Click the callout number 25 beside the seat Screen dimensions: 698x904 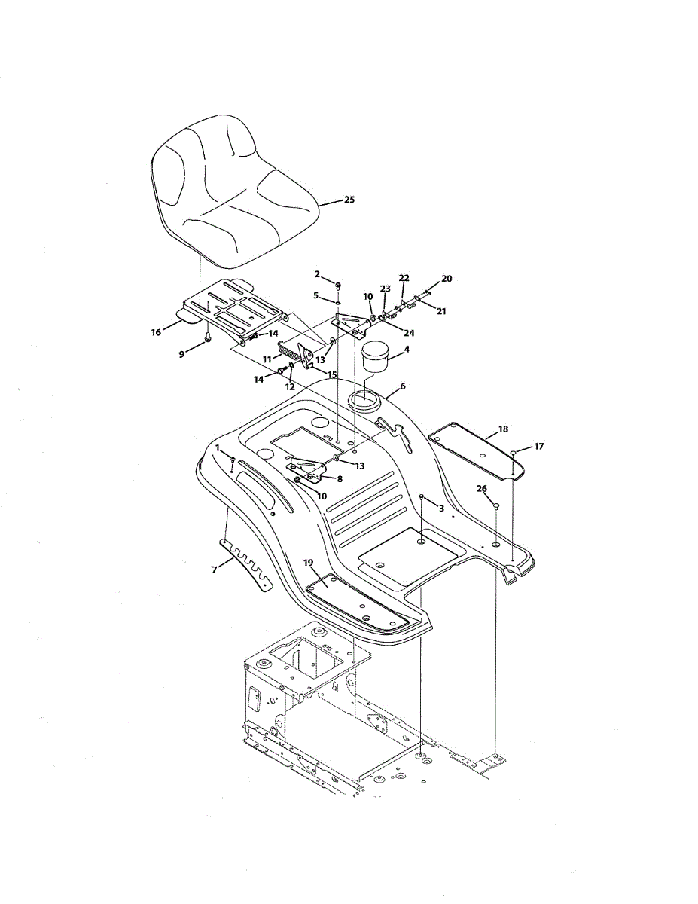[349, 200]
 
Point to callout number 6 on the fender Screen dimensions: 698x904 [403, 386]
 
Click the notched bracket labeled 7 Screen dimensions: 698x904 [248, 565]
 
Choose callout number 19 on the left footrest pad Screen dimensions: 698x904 [308, 562]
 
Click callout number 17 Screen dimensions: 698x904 [538, 446]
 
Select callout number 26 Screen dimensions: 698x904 [482, 488]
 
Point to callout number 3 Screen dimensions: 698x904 [441, 508]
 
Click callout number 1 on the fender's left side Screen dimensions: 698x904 [218, 447]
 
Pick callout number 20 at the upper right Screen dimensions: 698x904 [447, 279]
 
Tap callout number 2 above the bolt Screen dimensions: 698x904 [317, 274]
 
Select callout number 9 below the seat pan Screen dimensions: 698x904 [181, 354]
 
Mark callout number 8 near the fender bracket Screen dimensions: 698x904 [340, 478]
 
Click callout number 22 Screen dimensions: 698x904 [404, 279]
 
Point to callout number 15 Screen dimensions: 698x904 [332, 374]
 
